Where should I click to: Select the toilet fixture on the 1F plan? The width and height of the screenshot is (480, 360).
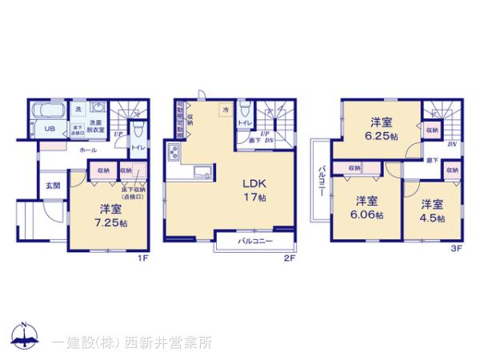tap(137, 129)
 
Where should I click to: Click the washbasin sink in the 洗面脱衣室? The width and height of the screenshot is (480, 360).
tap(96, 111)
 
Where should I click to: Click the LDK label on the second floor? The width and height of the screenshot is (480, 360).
tap(256, 181)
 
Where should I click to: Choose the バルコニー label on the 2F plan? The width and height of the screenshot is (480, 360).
tap(255, 241)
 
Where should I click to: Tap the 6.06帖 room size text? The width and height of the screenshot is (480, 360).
tap(367, 215)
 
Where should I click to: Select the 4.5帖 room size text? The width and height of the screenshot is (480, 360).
tap(433, 215)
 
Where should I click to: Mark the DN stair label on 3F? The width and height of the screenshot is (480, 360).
tap(452, 145)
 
